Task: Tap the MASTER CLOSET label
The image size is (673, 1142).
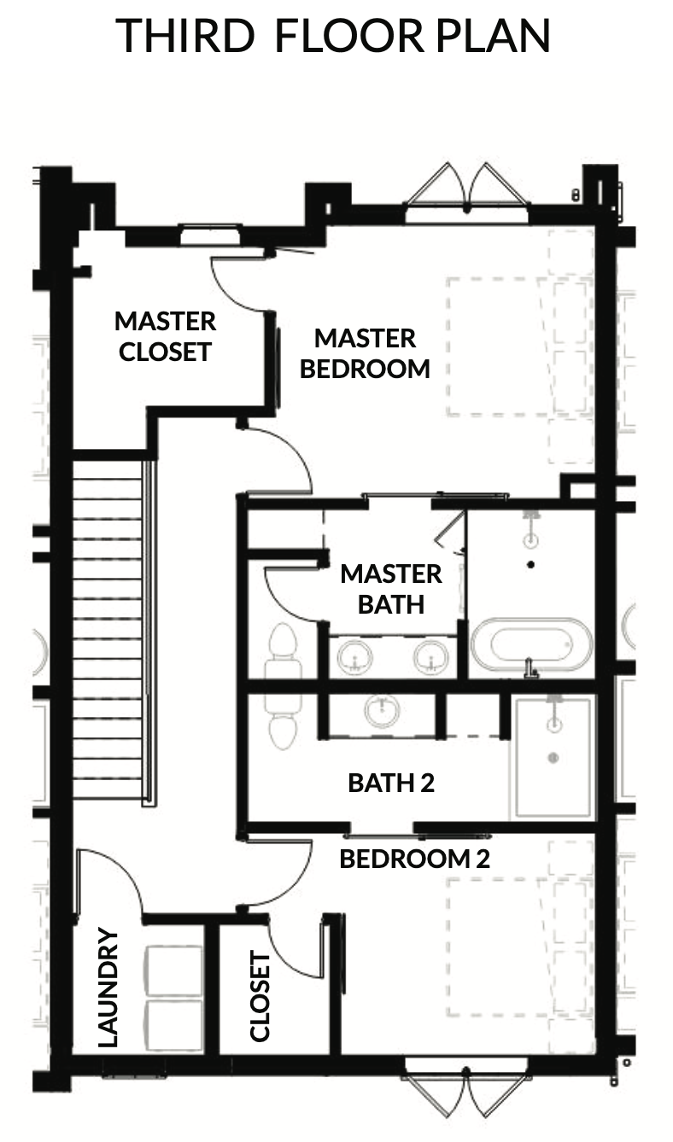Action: tap(166, 336)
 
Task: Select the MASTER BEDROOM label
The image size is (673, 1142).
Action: tap(365, 354)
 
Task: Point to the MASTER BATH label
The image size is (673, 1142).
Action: tap(391, 590)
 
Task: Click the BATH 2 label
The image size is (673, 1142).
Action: tap(391, 783)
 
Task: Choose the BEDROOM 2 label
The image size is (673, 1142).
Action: tap(414, 859)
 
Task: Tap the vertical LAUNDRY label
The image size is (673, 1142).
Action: tap(108, 988)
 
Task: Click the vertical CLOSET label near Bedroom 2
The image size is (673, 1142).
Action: tap(260, 996)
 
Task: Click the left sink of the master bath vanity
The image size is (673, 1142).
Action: tap(355, 656)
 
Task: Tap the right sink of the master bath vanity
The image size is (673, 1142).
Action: tap(431, 656)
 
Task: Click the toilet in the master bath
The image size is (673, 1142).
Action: tap(282, 650)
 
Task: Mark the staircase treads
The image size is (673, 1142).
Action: tap(108, 632)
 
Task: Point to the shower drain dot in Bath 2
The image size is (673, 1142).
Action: tap(553, 758)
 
